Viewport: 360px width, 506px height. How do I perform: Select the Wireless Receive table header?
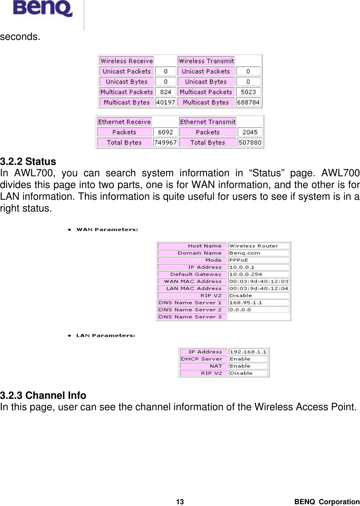[x=126, y=61]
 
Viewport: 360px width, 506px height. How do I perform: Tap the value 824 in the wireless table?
[x=166, y=92]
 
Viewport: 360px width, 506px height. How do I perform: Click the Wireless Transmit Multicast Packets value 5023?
[x=248, y=92]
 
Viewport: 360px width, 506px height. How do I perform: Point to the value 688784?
[x=248, y=102]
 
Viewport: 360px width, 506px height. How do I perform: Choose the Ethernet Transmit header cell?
[x=208, y=122]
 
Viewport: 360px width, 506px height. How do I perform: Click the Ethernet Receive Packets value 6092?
[x=165, y=132]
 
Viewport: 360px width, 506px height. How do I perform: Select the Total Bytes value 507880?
[x=250, y=142]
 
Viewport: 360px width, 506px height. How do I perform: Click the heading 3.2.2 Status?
[x=28, y=162]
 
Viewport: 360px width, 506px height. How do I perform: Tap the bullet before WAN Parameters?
[x=69, y=230]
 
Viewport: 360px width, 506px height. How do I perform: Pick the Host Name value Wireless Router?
[x=254, y=246]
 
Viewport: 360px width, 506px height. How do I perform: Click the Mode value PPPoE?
[x=239, y=260]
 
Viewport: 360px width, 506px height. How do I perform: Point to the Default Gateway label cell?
[x=193, y=274]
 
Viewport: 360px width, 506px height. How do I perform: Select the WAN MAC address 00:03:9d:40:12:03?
[x=259, y=281]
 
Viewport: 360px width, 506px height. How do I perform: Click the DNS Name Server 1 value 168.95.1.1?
[x=246, y=303]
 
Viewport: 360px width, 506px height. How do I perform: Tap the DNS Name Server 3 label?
[x=191, y=317]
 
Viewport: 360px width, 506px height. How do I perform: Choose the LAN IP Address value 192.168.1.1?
[x=248, y=352]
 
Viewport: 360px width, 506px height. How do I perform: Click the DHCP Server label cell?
[x=202, y=359]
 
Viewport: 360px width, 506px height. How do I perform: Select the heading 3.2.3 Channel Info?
[x=43, y=395]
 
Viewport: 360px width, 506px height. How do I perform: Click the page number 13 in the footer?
[x=180, y=502]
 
